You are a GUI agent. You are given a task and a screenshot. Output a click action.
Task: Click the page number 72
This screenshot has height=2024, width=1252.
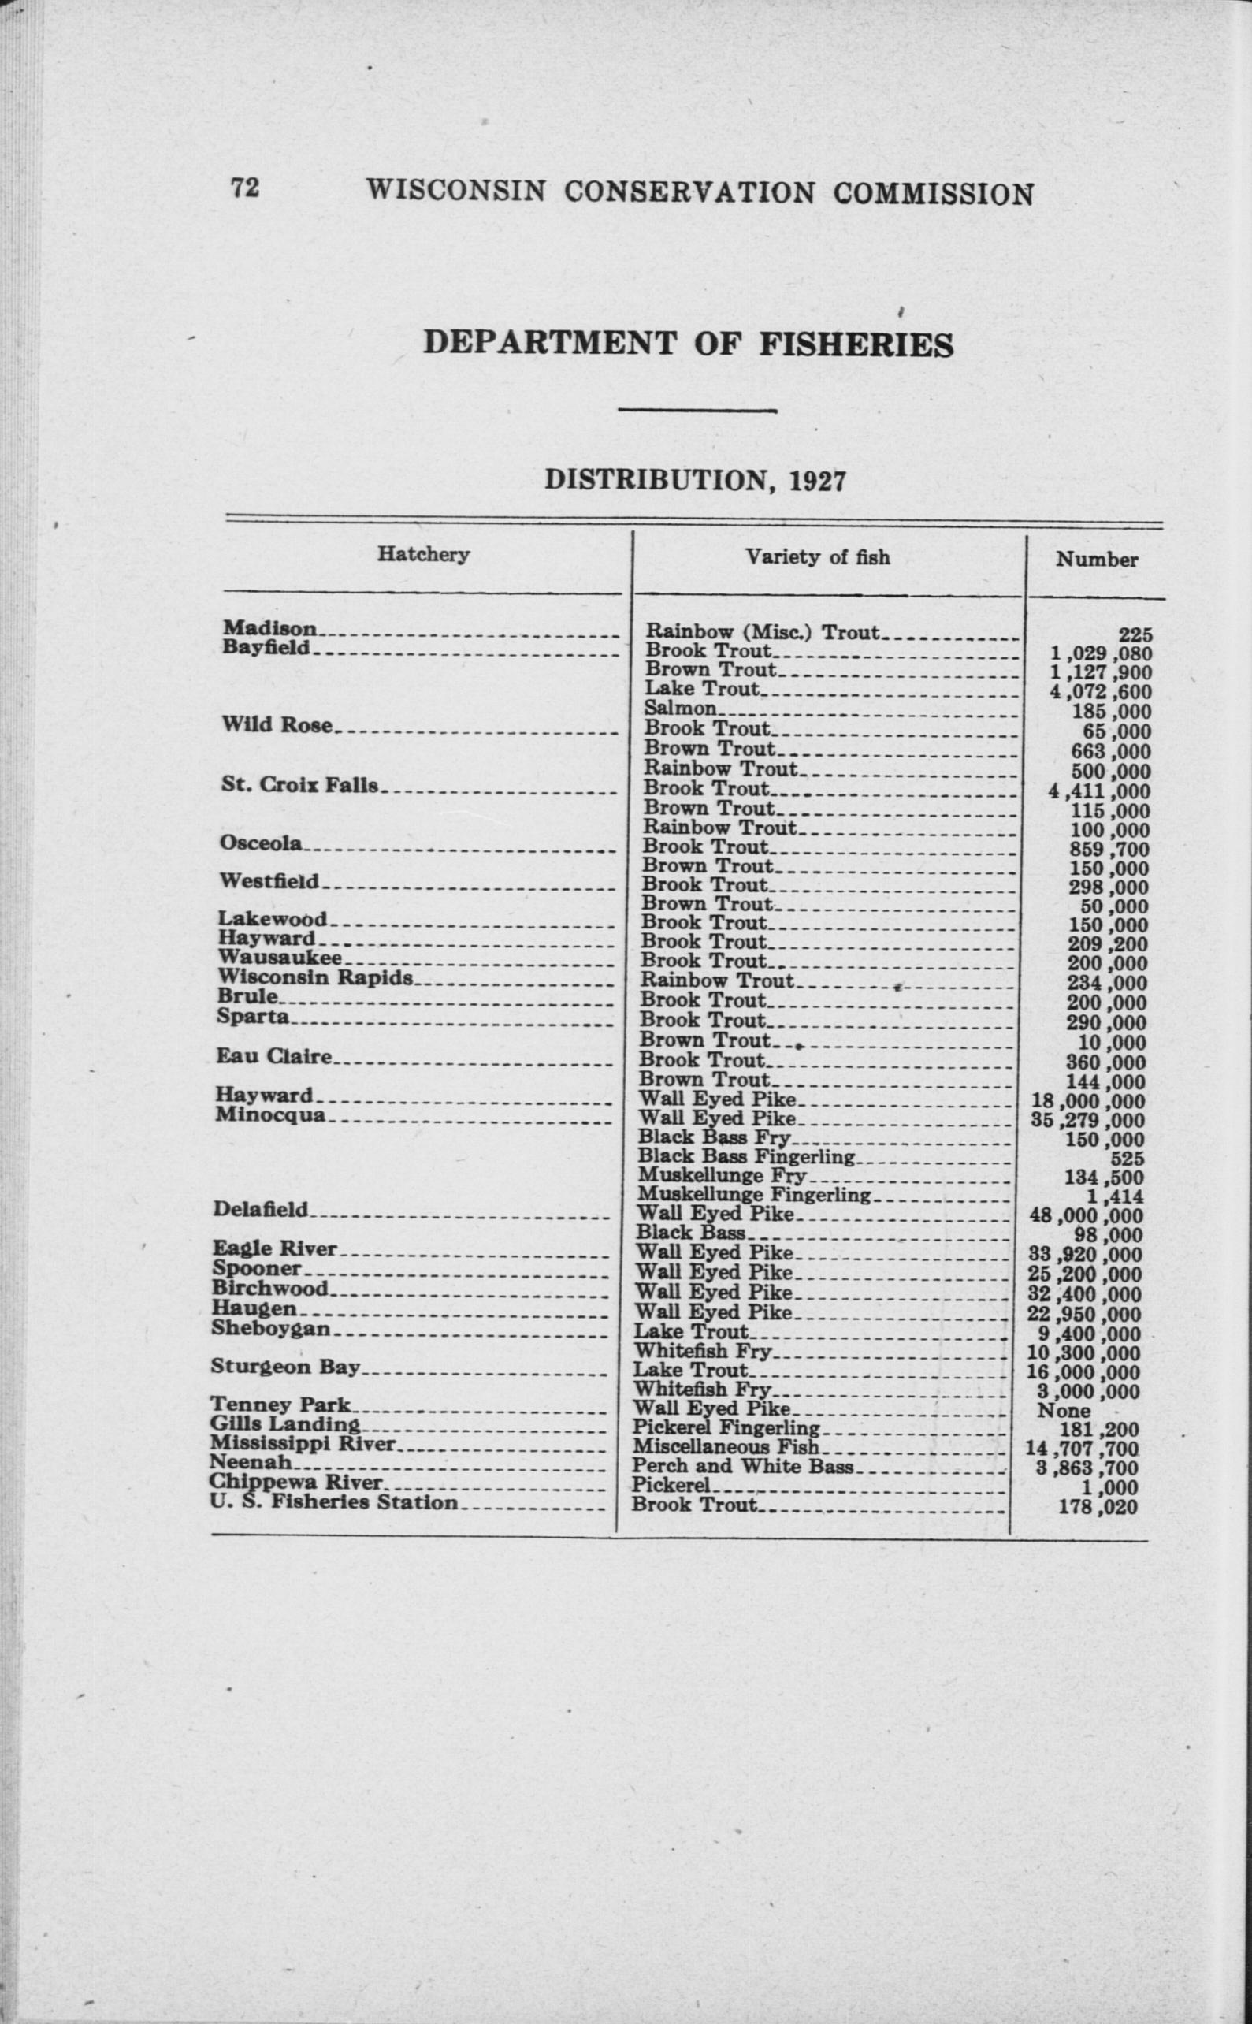pos(245,189)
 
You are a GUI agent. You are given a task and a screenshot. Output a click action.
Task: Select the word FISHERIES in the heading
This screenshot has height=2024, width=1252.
pos(856,344)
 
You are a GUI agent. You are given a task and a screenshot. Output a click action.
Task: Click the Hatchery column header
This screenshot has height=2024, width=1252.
pos(423,554)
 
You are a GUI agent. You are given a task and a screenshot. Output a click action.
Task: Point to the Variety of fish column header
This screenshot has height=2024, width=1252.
pos(817,557)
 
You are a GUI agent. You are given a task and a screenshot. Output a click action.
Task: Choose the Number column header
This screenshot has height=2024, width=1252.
pos(1096,560)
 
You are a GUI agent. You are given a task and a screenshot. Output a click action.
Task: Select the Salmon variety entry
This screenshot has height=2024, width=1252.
pos(680,708)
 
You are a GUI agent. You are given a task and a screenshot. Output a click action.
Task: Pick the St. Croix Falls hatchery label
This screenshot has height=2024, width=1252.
pos(299,784)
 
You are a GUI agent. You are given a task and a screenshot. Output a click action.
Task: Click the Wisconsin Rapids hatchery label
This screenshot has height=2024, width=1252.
pos(314,977)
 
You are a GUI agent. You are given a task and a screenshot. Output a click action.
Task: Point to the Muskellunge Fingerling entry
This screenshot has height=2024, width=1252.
pos(753,1195)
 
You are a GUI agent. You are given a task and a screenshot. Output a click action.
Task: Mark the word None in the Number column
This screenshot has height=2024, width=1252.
pos(1064,1410)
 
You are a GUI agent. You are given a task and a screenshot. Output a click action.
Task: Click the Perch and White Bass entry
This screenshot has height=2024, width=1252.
pos(742,1466)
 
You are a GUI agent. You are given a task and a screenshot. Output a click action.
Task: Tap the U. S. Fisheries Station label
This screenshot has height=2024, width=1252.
pos(333,1502)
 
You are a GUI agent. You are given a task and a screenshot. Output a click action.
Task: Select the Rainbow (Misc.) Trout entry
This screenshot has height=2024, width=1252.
pos(762,633)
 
